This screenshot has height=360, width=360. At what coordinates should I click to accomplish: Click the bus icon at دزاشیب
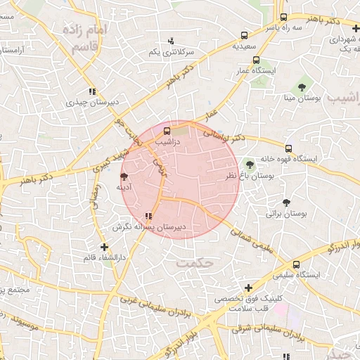click(x=167, y=131)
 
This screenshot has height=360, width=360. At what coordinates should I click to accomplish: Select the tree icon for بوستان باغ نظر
click(x=250, y=164)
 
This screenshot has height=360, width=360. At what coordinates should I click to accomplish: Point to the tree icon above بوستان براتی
click(x=285, y=202)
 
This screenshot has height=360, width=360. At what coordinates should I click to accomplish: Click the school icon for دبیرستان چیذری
click(x=91, y=91)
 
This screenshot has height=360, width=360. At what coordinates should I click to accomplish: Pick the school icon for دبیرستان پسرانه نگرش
click(x=148, y=217)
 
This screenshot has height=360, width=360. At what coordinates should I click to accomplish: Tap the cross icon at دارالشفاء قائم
click(x=105, y=247)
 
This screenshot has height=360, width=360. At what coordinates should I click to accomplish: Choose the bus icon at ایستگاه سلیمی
click(x=296, y=264)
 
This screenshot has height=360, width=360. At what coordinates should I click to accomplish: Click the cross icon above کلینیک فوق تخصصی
click(x=248, y=287)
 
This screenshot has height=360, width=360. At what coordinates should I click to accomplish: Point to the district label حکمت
click(x=195, y=262)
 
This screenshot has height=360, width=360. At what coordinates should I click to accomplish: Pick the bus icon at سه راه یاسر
click(x=283, y=17)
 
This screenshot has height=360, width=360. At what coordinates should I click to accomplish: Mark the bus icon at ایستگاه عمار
click(x=256, y=60)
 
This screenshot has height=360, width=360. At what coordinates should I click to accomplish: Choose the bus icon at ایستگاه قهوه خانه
click(x=288, y=148)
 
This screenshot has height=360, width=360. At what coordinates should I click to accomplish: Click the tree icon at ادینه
click(x=124, y=176)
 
